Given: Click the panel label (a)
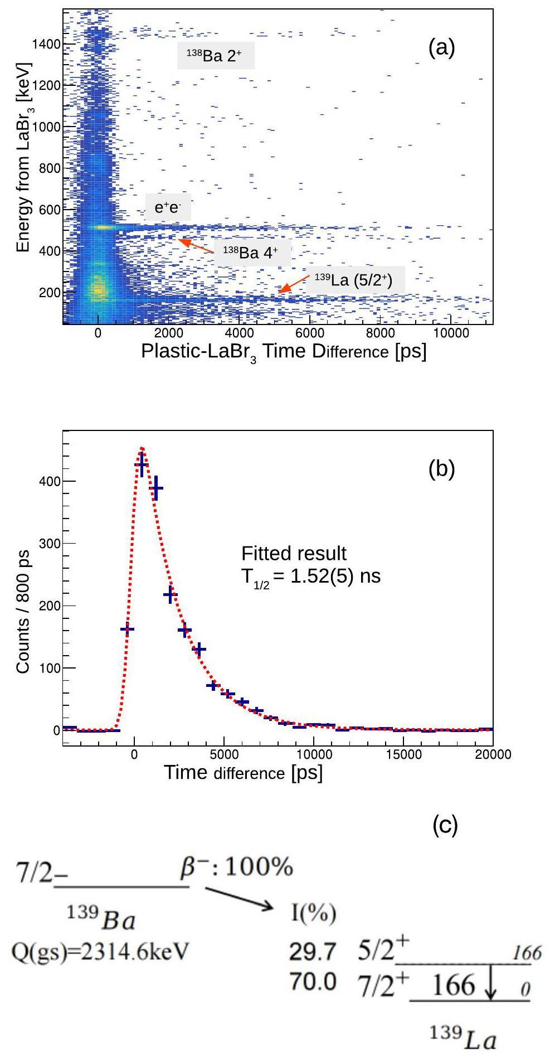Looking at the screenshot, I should pyautogui.click(x=441, y=49).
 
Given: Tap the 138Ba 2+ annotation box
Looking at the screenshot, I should pyautogui.click(x=216, y=55).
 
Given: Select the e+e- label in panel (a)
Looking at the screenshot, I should pyautogui.click(x=168, y=208).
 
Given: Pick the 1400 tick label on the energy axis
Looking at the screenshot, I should pyautogui.click(x=46, y=44).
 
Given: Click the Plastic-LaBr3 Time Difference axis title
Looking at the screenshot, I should pyautogui.click(x=283, y=352).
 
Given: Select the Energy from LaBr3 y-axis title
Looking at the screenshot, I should pyautogui.click(x=23, y=157).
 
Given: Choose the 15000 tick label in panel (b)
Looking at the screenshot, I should pyautogui.click(x=403, y=754).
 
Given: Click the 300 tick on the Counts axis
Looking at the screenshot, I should pyautogui.click(x=51, y=543).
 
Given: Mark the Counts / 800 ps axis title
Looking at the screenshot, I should pyautogui.click(x=23, y=612).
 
